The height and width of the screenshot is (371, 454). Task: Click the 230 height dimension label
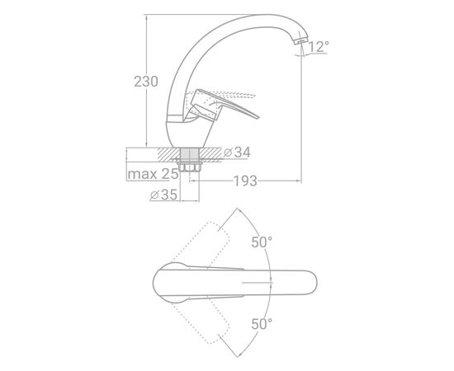[146, 82]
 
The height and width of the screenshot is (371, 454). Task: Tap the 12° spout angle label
[319, 46]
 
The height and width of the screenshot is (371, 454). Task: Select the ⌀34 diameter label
[237, 152]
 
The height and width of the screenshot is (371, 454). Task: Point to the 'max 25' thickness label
[153, 174]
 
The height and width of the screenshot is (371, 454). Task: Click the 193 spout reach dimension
[245, 181]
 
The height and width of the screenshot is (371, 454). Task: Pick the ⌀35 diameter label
[163, 195]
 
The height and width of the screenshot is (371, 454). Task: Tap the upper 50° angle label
[262, 242]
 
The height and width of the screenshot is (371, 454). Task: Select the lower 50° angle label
[262, 324]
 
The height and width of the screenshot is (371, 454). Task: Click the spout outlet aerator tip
[300, 40]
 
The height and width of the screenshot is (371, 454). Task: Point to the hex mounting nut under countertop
[189, 167]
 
